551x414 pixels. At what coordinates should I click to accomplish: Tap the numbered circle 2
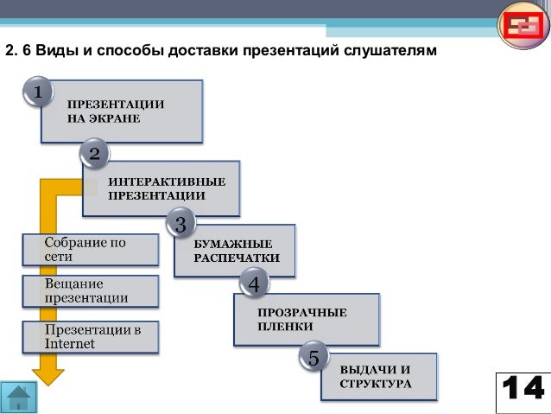point(94,155)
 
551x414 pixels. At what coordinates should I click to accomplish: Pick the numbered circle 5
point(313,355)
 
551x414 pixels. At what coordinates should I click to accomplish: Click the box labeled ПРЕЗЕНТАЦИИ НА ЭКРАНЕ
point(122,111)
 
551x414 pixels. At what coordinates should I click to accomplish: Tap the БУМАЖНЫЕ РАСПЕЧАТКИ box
point(235,251)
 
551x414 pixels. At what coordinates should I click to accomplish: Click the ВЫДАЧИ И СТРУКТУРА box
point(378,375)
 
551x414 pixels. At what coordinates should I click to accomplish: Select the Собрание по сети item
point(90,250)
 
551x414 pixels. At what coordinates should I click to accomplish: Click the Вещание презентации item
point(90,291)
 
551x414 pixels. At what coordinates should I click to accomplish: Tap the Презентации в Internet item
point(90,337)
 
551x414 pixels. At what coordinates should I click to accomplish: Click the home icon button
point(19,398)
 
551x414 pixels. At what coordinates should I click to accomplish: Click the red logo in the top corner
point(522,28)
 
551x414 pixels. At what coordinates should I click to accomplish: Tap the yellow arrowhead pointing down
point(47,374)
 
